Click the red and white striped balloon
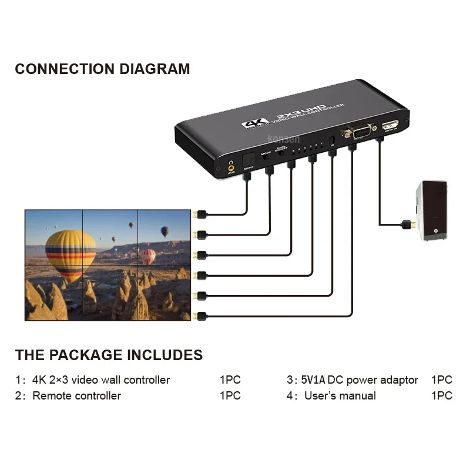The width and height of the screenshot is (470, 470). (x=148, y=257)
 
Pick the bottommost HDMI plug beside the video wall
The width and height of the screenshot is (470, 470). (x=201, y=315)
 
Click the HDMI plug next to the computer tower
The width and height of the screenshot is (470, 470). (x=405, y=224)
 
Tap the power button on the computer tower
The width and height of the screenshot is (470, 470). (x=436, y=231)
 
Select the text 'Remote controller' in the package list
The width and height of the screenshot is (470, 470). (x=76, y=395)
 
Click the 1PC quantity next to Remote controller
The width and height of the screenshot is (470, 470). (x=230, y=395)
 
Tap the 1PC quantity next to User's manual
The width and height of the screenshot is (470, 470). (x=442, y=395)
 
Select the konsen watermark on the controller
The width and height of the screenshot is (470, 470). (x=284, y=139)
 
